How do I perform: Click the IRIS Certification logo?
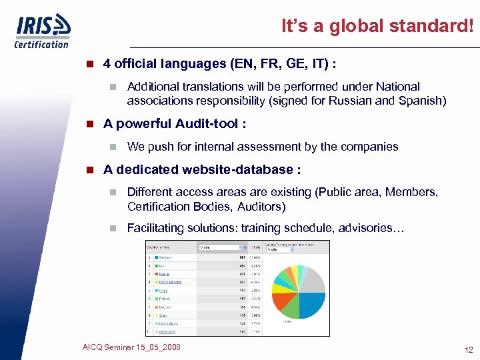42,31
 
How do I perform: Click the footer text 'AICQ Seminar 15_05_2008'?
131,347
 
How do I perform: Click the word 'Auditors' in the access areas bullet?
259,207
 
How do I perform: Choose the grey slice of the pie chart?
313,281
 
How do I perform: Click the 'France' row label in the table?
164,274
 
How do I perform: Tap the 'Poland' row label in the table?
164,299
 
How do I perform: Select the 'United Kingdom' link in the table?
169,282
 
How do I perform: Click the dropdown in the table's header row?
215,247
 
